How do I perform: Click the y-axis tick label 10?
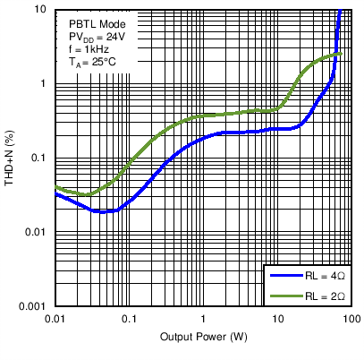(x=41, y=9)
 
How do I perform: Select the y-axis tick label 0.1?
(x=39, y=158)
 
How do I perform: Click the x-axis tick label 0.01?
(x=55, y=319)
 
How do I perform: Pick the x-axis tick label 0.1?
(x=130, y=319)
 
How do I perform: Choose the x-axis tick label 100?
(x=351, y=319)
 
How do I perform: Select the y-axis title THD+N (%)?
(x=10, y=158)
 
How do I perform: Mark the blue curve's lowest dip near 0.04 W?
(x=101, y=211)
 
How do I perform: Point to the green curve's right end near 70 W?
(x=340, y=55)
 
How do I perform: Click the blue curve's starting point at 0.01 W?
(x=56, y=193)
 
